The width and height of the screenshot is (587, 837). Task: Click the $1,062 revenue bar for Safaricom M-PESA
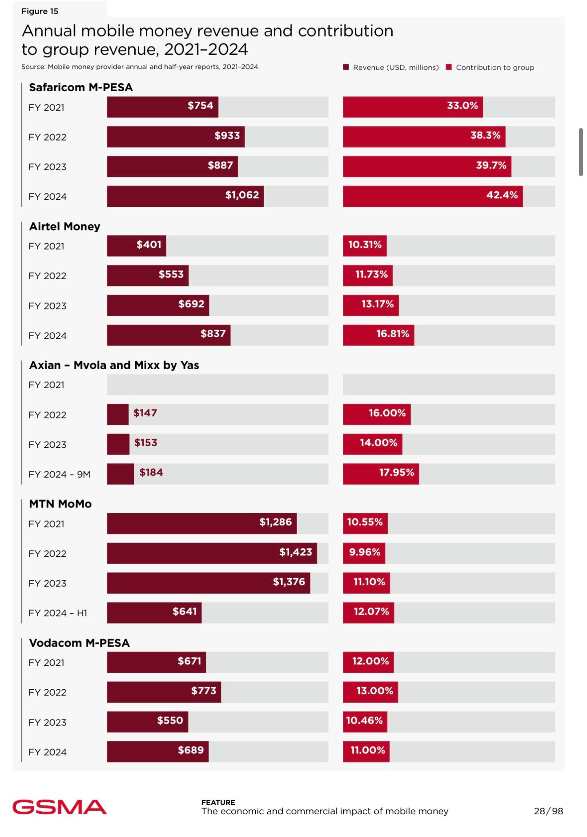point(185,196)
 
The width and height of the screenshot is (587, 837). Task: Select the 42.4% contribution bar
point(432,196)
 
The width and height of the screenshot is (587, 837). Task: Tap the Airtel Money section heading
point(64,226)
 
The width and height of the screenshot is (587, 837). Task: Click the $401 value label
point(149,245)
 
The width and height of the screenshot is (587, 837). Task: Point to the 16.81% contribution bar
point(378,335)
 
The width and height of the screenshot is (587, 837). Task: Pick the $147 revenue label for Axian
point(145,413)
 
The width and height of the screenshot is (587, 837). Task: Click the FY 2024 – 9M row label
point(59,474)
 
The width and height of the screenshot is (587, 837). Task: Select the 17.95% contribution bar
point(381,474)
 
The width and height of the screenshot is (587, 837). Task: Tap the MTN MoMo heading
point(60,504)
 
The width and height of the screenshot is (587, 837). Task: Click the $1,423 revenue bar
point(212,553)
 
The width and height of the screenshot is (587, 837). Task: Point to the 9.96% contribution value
point(364,552)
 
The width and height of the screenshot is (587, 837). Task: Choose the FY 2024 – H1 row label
point(57,613)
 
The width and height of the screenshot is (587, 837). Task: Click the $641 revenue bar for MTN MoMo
point(154,613)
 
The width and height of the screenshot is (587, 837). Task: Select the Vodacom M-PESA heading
point(79,643)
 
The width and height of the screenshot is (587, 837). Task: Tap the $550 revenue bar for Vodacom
point(147,721)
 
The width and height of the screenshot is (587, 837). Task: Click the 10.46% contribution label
point(364,720)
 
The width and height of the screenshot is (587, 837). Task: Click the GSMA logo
point(59,807)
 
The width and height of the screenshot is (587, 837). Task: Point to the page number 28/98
point(548,811)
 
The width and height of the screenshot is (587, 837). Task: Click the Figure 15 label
point(40,12)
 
